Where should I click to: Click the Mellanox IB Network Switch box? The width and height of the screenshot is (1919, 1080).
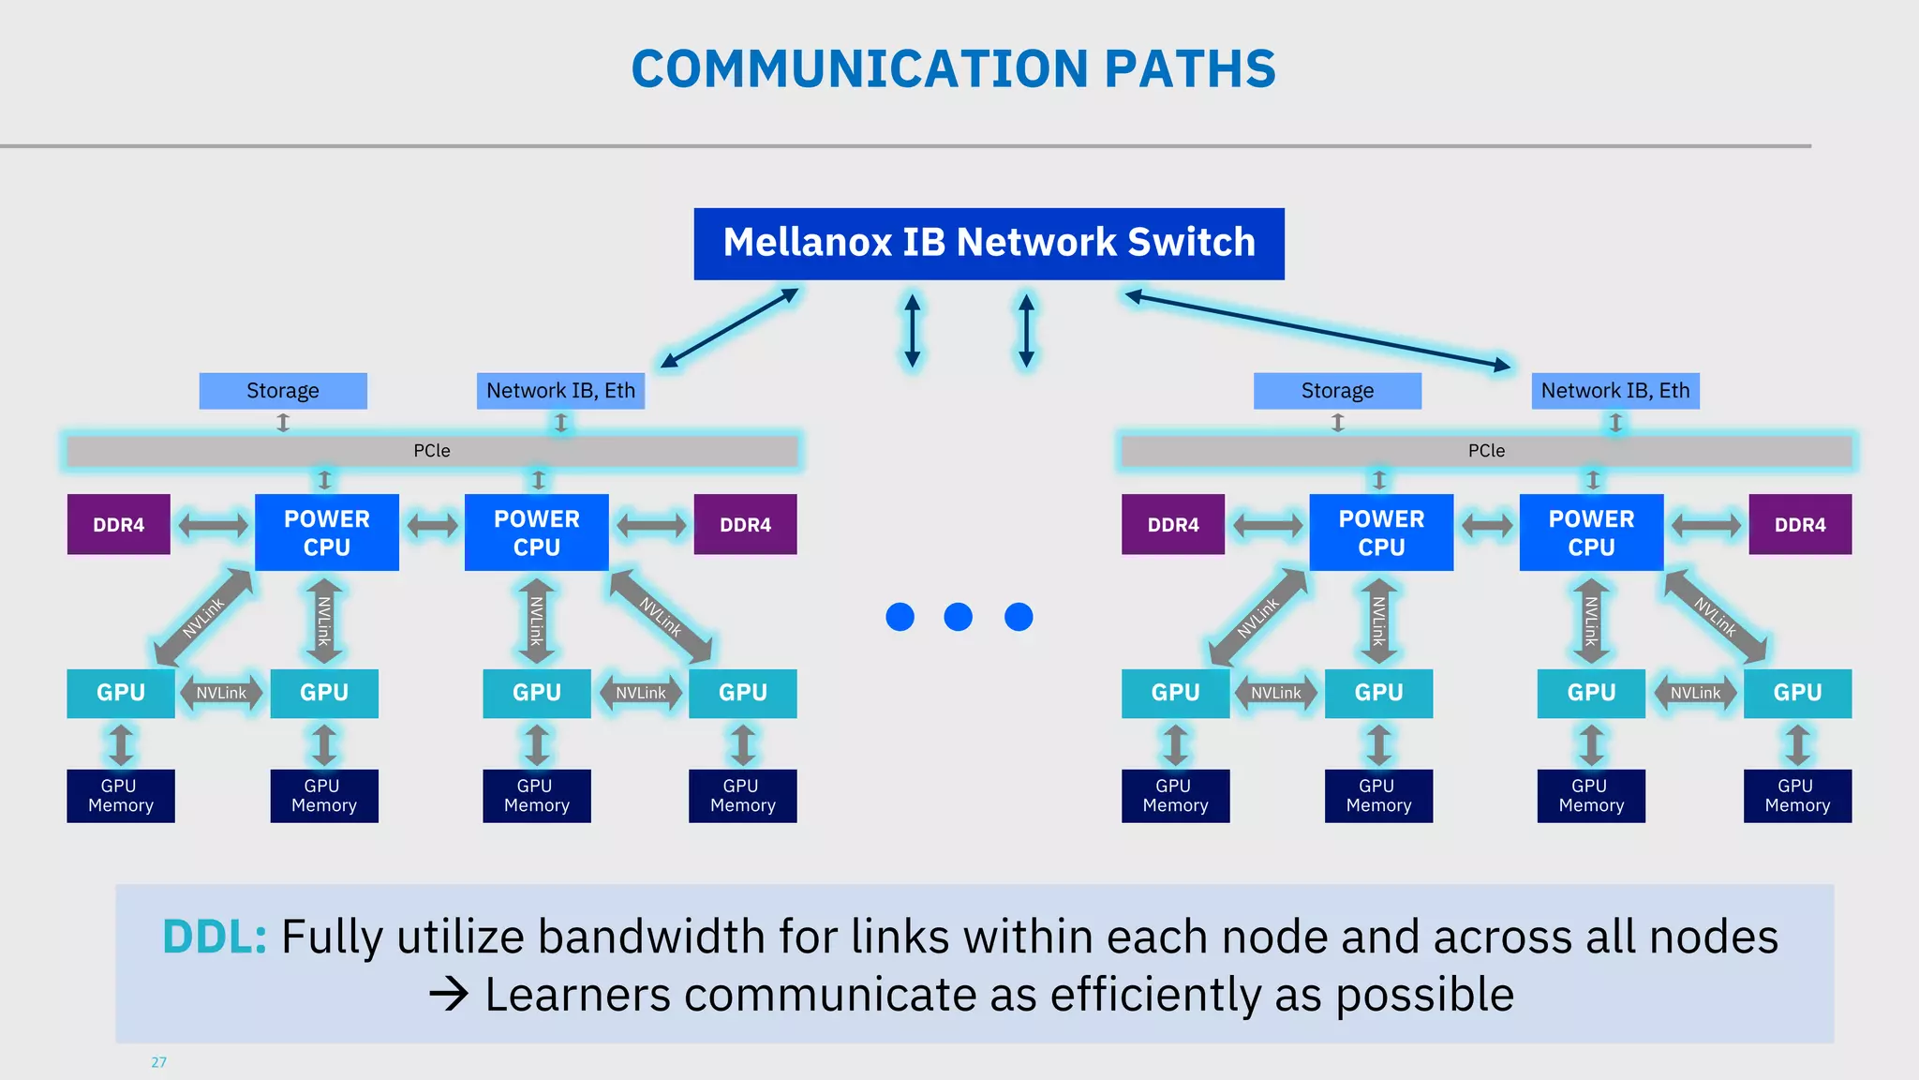(989, 244)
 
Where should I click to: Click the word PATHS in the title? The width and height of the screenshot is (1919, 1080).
(1190, 69)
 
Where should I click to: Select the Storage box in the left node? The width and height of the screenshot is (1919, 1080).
(282, 391)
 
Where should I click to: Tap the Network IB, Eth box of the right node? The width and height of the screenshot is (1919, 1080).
(1614, 391)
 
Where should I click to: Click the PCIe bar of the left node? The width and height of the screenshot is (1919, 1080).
(432, 451)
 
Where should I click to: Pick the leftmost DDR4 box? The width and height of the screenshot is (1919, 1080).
(118, 525)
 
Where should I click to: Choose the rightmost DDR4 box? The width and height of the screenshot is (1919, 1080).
(1799, 525)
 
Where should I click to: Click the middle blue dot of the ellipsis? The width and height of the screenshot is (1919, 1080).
(958, 617)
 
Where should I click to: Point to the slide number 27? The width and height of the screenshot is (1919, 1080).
(158, 1062)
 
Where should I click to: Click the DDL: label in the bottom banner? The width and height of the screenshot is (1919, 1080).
(215, 937)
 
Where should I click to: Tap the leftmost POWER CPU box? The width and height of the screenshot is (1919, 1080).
(326, 532)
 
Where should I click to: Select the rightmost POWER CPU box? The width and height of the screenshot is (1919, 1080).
(1591, 532)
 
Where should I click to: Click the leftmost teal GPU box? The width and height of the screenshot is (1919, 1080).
(120, 693)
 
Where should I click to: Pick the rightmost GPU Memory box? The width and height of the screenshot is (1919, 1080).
(1797, 796)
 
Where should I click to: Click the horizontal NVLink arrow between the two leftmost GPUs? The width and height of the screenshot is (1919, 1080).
(221, 694)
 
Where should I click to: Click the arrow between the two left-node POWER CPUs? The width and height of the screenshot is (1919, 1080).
(432, 525)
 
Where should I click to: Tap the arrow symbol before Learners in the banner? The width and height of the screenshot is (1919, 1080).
(449, 995)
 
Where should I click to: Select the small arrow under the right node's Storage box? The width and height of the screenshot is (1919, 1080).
(1337, 423)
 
